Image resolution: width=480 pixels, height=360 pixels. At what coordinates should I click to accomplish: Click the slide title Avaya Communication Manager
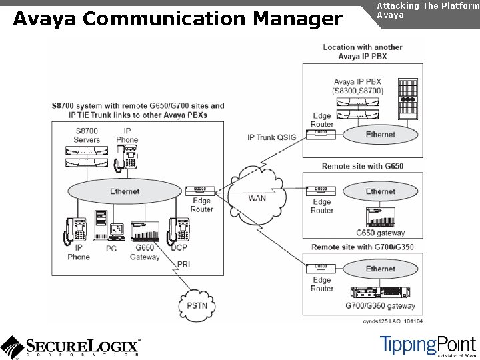coord(177,19)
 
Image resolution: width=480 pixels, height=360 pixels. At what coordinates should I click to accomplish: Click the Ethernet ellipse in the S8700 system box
coord(125,191)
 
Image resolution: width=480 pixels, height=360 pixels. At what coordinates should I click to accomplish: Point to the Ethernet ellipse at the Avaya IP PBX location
coord(380,135)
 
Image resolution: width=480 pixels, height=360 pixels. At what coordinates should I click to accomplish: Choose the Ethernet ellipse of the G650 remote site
coord(380,192)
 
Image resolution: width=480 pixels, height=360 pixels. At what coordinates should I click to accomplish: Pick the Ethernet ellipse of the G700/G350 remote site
coord(380,269)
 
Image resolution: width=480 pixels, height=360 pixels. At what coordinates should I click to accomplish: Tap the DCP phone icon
coord(178,230)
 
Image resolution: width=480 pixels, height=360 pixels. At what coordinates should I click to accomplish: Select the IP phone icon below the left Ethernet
coord(75,231)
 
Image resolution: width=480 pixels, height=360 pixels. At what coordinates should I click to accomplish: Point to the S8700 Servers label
coord(87,135)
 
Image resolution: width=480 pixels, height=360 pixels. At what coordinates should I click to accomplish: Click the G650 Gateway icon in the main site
coord(145,231)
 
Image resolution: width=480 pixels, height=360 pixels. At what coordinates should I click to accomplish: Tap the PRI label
coord(183,265)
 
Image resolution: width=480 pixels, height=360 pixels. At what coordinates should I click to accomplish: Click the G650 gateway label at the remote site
coord(380,233)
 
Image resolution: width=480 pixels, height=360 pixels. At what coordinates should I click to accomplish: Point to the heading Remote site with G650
coord(371,166)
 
